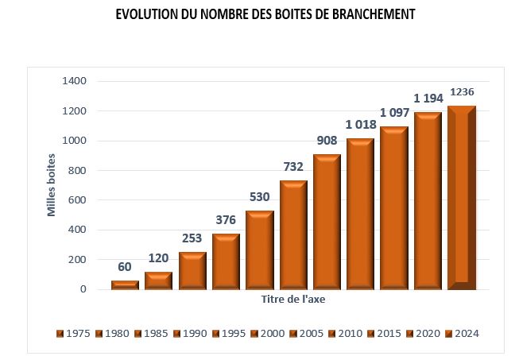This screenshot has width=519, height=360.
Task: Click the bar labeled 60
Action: [x=125, y=285]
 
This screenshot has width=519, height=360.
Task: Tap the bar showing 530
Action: [x=260, y=250]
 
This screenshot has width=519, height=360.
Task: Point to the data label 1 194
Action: [x=428, y=99]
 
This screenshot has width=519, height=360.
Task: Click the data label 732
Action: [x=293, y=167]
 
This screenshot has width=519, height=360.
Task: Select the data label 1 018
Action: [x=361, y=125]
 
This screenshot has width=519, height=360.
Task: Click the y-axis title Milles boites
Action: [x=52, y=185]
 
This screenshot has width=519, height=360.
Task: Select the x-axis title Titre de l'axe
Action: [x=293, y=300]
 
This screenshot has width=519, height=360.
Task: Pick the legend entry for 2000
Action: [x=268, y=333]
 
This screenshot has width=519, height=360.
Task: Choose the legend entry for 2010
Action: [x=346, y=333]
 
